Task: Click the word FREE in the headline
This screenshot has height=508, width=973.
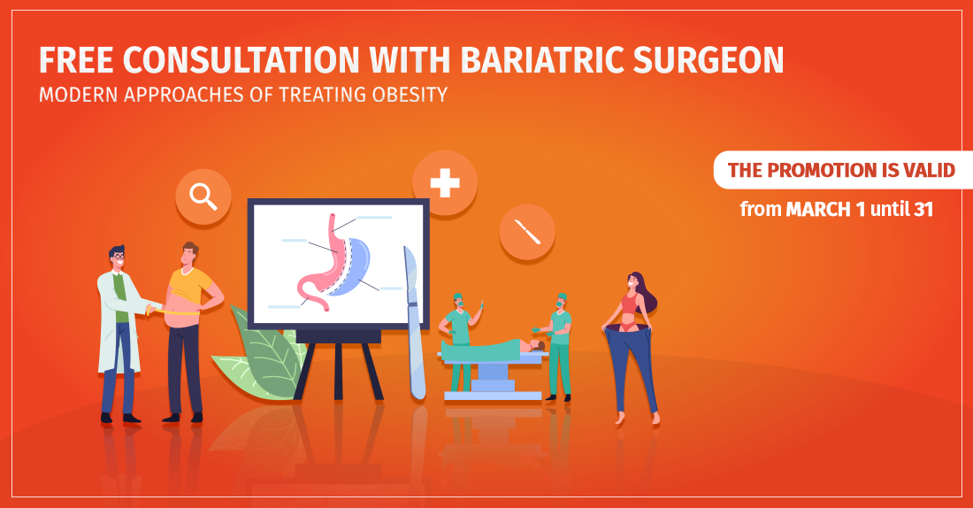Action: pos(76,60)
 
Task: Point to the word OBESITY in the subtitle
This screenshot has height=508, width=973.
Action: pos(410,95)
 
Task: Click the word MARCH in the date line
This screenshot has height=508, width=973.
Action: pos(818,209)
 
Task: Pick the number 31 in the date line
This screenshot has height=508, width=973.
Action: pos(923,209)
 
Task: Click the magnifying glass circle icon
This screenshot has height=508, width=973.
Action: pos(203,196)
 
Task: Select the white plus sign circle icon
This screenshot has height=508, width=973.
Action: pos(445,183)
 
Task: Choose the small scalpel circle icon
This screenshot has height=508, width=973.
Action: pos(527,232)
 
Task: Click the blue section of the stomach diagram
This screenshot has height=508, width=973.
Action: pos(352,267)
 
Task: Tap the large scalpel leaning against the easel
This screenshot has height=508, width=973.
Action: pos(415,323)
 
